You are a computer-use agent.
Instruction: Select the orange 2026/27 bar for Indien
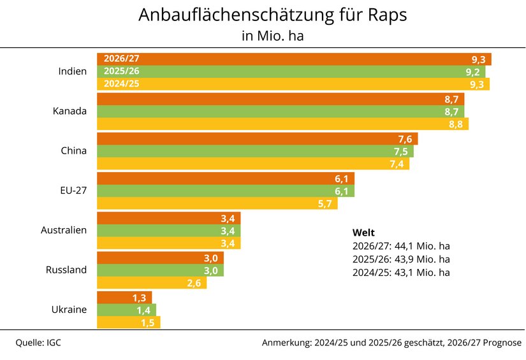(293, 59)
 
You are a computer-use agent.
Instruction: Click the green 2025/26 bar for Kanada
(281, 112)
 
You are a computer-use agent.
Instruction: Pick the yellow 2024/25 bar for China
(253, 164)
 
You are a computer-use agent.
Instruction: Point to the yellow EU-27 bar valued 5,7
(217, 204)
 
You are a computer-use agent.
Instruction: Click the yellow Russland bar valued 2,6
(152, 283)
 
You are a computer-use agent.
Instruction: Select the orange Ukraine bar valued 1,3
(124, 298)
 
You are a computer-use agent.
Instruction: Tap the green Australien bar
(168, 231)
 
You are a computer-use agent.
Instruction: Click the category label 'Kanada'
(69, 112)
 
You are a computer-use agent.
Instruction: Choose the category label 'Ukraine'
(69, 310)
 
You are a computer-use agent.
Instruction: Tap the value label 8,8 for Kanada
(455, 124)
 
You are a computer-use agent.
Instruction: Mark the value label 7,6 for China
(404, 140)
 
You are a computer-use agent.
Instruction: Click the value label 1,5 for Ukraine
(147, 322)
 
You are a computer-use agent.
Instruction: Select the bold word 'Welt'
(363, 232)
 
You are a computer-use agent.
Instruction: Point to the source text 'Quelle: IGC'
(38, 343)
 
